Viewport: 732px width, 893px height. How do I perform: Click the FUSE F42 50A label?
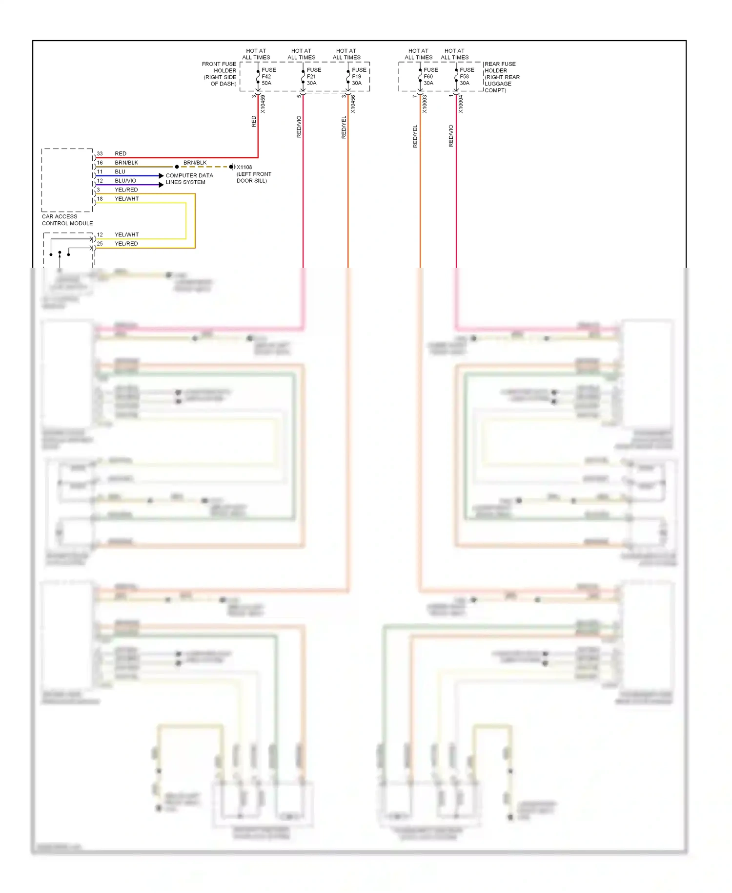point(268,77)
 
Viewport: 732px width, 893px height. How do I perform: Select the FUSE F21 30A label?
point(313,77)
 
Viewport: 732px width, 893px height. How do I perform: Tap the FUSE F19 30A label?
point(358,77)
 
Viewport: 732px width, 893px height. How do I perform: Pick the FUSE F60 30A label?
point(430,77)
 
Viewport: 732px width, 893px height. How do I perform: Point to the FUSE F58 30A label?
point(466,77)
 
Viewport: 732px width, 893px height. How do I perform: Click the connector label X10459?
point(263,104)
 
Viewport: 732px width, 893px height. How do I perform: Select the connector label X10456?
point(353,104)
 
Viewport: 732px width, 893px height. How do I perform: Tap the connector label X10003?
point(425,104)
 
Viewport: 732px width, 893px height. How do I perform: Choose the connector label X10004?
point(461,104)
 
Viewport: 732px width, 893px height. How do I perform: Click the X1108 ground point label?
point(244,167)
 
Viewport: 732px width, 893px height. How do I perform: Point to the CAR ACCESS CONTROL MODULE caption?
point(67,220)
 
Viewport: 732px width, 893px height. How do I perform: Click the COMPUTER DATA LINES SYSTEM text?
point(189,179)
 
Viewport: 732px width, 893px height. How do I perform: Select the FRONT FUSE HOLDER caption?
point(220,74)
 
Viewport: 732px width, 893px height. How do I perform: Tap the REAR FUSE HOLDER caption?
point(502,77)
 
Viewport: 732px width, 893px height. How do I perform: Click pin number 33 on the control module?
point(100,153)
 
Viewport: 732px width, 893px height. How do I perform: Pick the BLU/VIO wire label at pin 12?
point(125,181)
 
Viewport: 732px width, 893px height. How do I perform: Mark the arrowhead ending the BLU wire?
point(161,176)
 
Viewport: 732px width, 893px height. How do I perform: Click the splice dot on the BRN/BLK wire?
point(177,167)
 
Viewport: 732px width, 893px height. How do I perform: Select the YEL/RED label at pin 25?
point(126,244)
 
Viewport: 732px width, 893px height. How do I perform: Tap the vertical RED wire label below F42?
point(254,121)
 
